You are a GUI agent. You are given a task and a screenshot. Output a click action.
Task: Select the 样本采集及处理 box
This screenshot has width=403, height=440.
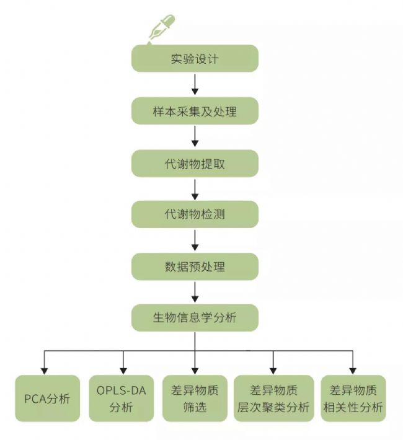tap(195, 112)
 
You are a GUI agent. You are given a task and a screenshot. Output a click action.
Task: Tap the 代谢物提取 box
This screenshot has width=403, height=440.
tap(195, 164)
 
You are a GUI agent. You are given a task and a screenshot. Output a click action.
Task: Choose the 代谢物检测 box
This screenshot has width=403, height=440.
tap(195, 215)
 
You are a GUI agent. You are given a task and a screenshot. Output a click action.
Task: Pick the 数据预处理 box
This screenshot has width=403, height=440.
tap(195, 267)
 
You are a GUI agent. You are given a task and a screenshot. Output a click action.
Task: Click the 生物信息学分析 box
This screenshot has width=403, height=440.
tap(195, 319)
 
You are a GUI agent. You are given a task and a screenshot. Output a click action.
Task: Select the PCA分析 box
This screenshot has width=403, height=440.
tap(47, 398)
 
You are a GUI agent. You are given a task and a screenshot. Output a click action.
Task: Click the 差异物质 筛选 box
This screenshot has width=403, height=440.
tap(195, 398)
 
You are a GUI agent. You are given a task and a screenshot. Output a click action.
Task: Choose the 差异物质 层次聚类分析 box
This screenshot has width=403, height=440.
tap(273, 398)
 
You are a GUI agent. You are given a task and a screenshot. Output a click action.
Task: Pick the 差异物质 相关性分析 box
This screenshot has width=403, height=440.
tap(353, 398)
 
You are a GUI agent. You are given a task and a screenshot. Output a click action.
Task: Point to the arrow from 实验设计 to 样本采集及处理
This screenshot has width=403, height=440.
tap(195, 84)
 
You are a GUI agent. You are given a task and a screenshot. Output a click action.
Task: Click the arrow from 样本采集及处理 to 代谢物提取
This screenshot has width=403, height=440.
tap(195, 136)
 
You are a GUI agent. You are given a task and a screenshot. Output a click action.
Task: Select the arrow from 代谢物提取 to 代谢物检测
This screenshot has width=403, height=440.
tap(195, 188)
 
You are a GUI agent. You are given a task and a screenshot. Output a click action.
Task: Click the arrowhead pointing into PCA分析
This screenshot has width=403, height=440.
tap(43, 370)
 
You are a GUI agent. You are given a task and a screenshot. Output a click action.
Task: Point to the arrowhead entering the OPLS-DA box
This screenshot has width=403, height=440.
tap(123, 370)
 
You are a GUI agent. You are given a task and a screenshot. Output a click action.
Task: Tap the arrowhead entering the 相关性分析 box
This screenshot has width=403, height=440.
tap(353, 370)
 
